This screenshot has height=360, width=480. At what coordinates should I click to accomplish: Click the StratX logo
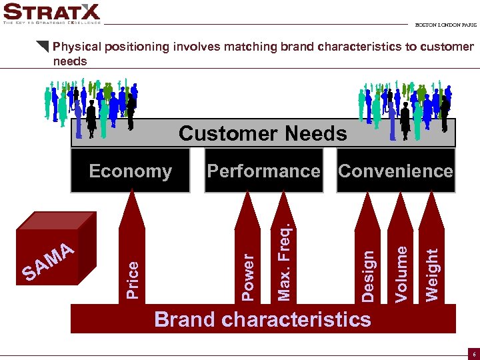click(x=51, y=13)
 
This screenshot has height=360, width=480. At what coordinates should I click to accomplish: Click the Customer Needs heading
click(x=263, y=133)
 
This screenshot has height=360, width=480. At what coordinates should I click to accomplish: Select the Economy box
click(x=131, y=171)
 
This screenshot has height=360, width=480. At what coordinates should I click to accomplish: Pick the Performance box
click(x=263, y=171)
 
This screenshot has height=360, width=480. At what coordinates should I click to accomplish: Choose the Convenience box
click(x=395, y=171)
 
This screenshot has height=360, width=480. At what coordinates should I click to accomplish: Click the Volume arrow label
click(x=401, y=273)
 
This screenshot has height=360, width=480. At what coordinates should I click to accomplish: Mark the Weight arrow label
click(x=433, y=274)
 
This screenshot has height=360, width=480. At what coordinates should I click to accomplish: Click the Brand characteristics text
click(x=263, y=319)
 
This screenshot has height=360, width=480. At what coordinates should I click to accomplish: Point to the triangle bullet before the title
click(x=43, y=47)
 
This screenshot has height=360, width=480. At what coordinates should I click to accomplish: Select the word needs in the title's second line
click(x=70, y=61)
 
